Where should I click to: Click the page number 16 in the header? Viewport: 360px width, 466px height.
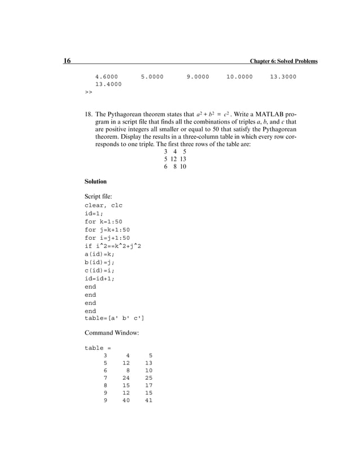67,61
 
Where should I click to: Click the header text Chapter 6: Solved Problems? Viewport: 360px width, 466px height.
284,61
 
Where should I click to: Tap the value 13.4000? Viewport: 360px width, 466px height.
108,85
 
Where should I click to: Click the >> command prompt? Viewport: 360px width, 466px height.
88,92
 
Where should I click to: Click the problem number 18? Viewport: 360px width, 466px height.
89,113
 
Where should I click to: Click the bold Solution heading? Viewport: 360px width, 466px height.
95,182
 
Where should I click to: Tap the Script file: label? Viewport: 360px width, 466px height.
100,196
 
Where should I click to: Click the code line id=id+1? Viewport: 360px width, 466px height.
99,279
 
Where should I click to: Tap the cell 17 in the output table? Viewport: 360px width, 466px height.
148,386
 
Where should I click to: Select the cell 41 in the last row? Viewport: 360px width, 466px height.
148,401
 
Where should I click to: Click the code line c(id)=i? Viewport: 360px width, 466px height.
99,271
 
